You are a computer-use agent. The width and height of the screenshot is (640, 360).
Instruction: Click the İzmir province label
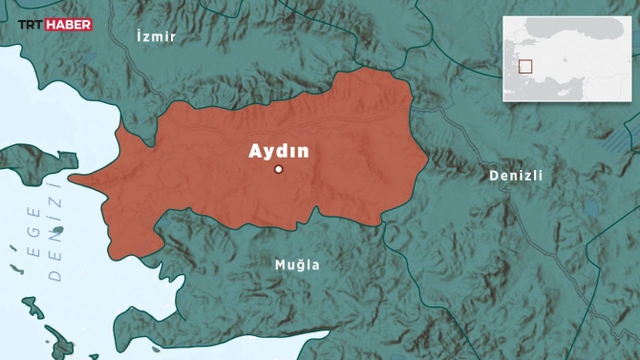pyautogui.click(x=157, y=35)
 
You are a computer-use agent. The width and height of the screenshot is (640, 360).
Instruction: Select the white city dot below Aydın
pyautogui.click(x=279, y=169)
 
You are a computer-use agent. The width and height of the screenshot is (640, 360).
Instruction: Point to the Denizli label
pyautogui.click(x=515, y=176)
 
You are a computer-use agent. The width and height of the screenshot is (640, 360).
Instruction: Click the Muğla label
pyautogui.click(x=297, y=265)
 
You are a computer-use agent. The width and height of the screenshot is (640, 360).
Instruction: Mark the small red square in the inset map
pyautogui.click(x=524, y=67)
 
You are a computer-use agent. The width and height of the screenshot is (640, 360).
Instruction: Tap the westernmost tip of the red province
pyautogui.click(x=70, y=179)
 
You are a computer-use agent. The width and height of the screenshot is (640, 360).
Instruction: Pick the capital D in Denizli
pyautogui.click(x=493, y=176)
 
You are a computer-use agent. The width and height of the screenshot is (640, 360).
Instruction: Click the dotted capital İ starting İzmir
pyautogui.click(x=139, y=35)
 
